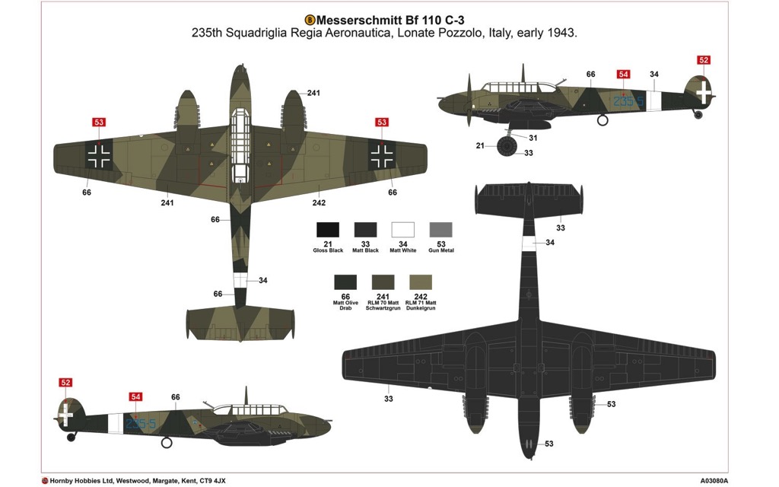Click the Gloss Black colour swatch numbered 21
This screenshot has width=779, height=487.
[x=328, y=230]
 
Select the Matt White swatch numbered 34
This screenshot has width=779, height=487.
[x=403, y=230]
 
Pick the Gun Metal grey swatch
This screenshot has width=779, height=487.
[x=440, y=230]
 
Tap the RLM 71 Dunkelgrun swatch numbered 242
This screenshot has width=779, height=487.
[x=420, y=282]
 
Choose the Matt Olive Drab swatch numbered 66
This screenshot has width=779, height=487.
[x=345, y=282]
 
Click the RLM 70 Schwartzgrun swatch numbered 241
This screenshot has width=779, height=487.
[x=383, y=282]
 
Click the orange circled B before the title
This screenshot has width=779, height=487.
[x=310, y=20]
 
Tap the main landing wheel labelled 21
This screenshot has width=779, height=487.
[x=507, y=146]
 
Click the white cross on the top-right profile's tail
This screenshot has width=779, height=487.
[x=704, y=91]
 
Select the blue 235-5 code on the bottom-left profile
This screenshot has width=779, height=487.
[x=141, y=424]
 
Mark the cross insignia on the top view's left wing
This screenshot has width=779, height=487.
[x=99, y=155]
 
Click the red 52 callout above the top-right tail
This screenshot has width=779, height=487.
[x=704, y=60]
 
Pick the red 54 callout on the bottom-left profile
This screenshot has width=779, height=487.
[x=135, y=396]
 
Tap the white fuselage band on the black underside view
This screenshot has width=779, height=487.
[x=529, y=242]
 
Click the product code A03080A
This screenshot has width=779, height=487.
[x=714, y=481]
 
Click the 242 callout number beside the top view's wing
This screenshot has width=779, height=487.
[x=319, y=202]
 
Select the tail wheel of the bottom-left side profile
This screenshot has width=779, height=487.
[x=72, y=438]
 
